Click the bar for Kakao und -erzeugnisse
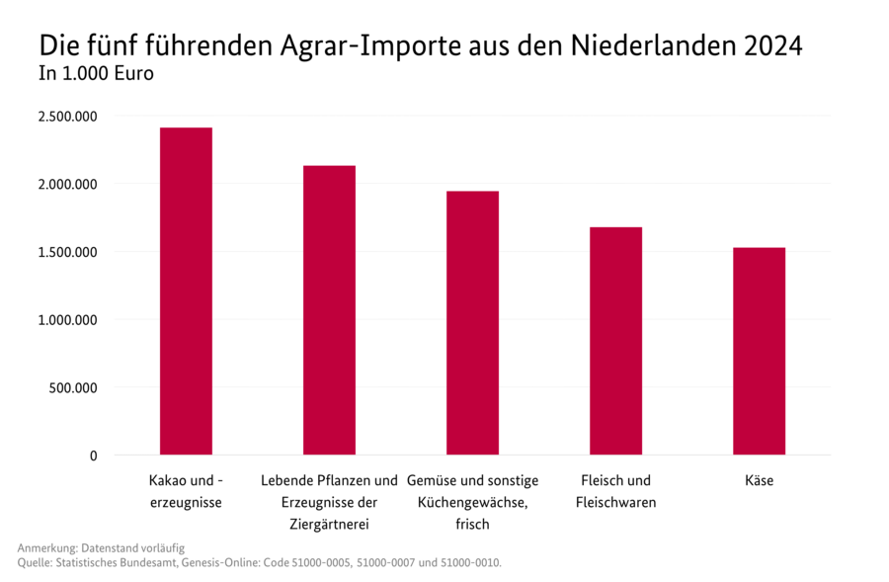(x=186, y=291)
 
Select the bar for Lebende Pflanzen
(x=329, y=310)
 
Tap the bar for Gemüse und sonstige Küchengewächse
(x=472, y=323)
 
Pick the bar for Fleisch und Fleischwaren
(x=615, y=341)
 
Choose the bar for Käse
(x=759, y=351)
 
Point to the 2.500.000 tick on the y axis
(x=67, y=116)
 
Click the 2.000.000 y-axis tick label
(x=67, y=184)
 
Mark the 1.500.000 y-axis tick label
(x=67, y=252)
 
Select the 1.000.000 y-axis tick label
(x=67, y=320)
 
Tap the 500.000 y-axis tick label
(x=73, y=387)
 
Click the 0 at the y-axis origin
(x=94, y=456)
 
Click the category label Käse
(x=759, y=481)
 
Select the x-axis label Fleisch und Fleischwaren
(x=615, y=492)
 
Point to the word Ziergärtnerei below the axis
(x=329, y=524)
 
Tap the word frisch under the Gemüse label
(x=472, y=524)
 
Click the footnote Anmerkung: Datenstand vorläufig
(x=101, y=547)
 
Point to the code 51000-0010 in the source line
(x=468, y=563)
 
